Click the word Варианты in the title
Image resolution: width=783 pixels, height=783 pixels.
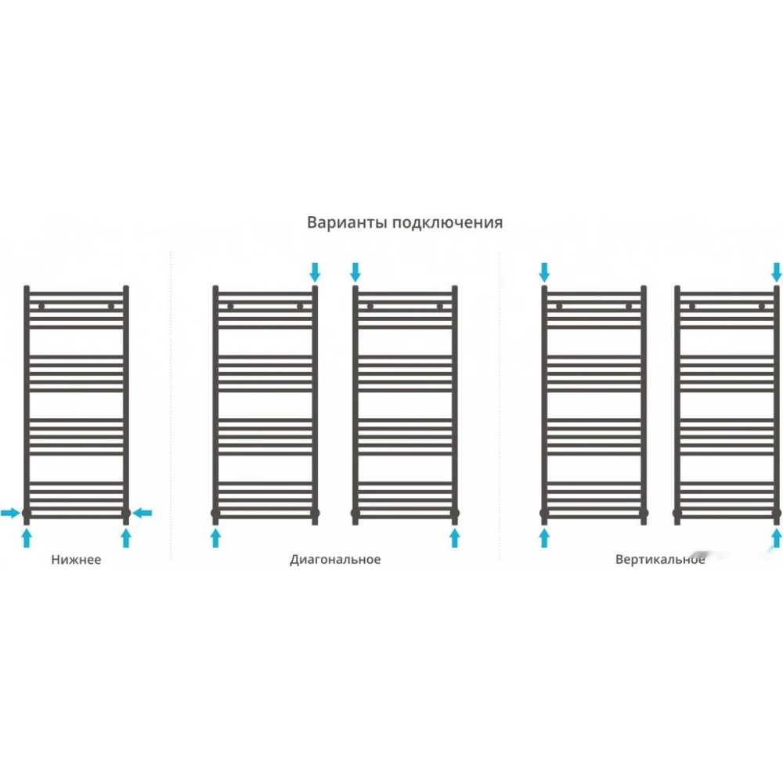pos(347,222)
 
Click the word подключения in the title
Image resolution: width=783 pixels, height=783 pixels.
pos(447,222)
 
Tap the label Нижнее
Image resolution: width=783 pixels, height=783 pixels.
pos(76,559)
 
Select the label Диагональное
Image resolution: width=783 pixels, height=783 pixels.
pos(335,559)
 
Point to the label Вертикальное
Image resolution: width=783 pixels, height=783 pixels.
pos(660,559)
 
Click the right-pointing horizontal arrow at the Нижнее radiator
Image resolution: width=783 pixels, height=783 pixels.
pos(10,512)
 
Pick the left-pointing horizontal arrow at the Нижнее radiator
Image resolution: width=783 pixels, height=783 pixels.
pos(143,512)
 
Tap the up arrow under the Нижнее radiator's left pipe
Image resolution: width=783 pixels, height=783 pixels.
pos(27,539)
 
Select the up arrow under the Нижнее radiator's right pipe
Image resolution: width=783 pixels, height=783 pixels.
pos(126,539)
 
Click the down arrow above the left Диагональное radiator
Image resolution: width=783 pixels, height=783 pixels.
pos(315,272)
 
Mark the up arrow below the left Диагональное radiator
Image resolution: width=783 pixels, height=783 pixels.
pos(215,539)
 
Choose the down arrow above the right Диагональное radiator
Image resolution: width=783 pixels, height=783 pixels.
pos(355,272)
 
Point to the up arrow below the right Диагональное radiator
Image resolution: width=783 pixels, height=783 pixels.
pos(454,539)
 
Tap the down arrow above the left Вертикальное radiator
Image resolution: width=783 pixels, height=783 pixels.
pos(544,272)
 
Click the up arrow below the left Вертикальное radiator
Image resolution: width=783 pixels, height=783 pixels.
pos(544,539)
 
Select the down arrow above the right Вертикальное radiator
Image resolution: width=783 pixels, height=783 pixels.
pos(777,272)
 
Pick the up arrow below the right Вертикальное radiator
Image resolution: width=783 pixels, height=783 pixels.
pos(777,539)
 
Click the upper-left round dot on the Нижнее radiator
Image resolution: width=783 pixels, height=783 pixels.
pos(41,307)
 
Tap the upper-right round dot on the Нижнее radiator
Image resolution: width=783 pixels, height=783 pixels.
pos(111,307)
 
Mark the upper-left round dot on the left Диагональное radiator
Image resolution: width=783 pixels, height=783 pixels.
pos(230,307)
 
